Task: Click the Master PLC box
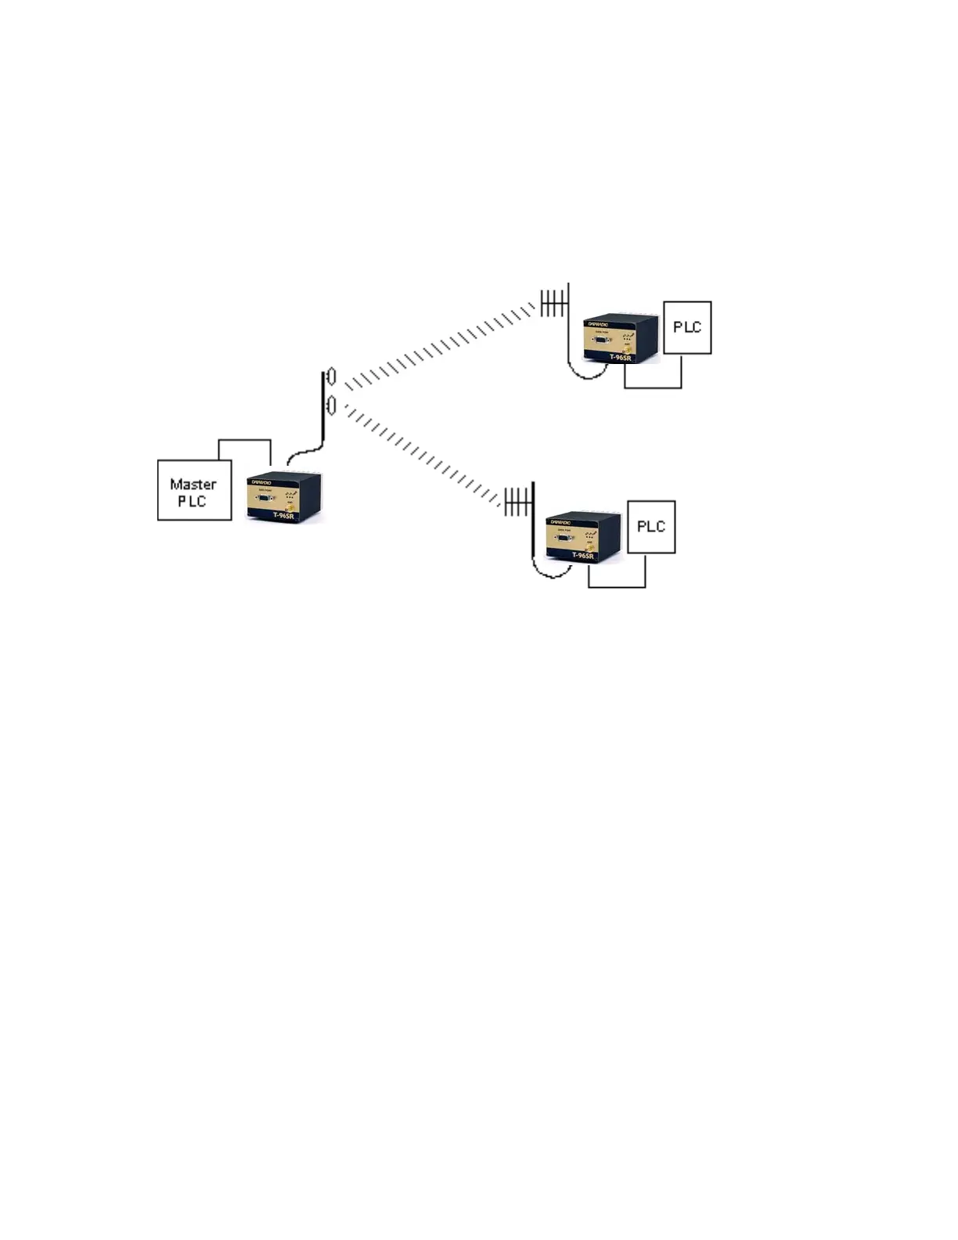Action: click(x=194, y=490)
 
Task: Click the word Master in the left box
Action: click(x=193, y=484)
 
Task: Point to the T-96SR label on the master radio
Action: click(x=283, y=515)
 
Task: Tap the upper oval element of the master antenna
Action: click(x=331, y=377)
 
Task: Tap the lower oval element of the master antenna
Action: click(x=331, y=406)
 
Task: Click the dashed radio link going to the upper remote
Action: click(x=438, y=345)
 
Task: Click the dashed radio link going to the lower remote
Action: click(x=423, y=454)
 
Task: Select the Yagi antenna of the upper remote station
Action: click(x=553, y=303)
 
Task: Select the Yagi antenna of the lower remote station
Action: click(x=517, y=501)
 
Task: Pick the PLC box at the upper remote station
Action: click(x=687, y=327)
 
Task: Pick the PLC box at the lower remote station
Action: click(x=651, y=527)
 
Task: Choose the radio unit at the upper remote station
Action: click(x=621, y=340)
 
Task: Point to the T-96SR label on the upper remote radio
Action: click(x=621, y=358)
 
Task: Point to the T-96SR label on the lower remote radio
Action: click(x=583, y=556)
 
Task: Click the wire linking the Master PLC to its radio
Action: click(x=244, y=441)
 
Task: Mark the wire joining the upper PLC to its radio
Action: click(x=653, y=387)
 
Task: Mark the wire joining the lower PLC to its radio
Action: click(x=617, y=586)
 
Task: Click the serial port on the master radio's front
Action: click(x=265, y=496)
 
